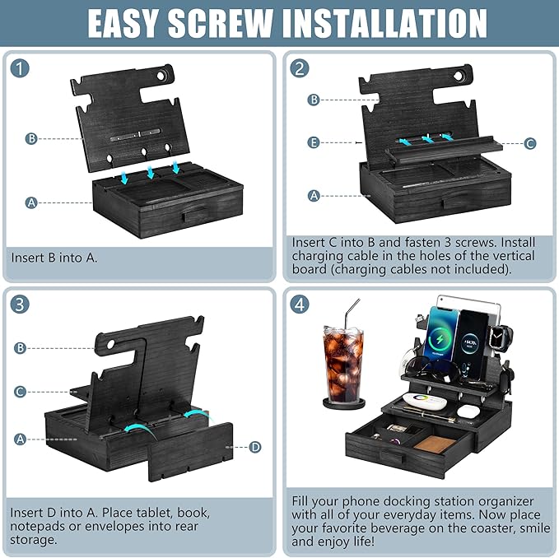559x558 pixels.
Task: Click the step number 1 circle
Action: (x=21, y=69)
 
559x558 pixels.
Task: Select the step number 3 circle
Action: (x=21, y=305)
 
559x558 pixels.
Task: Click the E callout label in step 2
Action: (x=314, y=142)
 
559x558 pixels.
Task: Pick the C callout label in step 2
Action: (x=530, y=143)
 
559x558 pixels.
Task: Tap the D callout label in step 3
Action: (x=255, y=447)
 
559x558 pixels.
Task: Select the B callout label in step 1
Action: (x=31, y=138)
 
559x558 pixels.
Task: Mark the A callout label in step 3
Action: (x=20, y=439)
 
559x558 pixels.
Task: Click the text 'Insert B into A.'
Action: (x=54, y=257)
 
